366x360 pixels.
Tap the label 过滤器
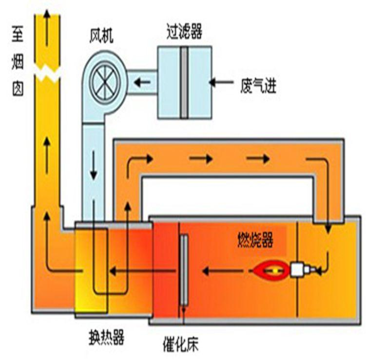pyautogui.click(x=183, y=33)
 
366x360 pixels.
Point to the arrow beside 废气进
pyautogui.click(x=223, y=82)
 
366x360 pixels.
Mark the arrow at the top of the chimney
pyautogui.click(x=47, y=19)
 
